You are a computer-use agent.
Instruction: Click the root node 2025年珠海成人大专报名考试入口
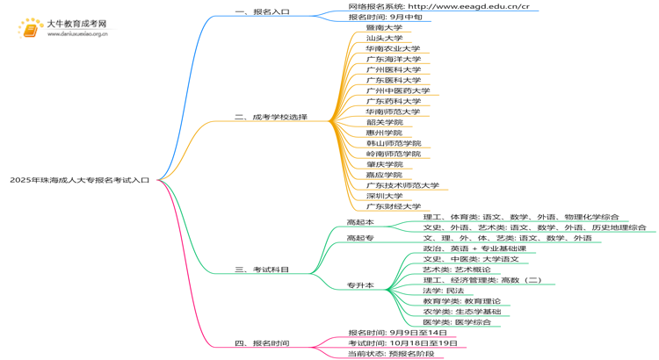[80, 180]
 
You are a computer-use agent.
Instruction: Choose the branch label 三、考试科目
[262, 270]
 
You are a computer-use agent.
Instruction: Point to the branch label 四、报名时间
[262, 343]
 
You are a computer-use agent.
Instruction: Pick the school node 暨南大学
[384, 28]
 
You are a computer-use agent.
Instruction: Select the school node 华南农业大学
[393, 49]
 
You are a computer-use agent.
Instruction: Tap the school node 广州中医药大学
[398, 91]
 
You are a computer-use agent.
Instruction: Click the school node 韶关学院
[384, 123]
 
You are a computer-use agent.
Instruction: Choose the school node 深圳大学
[384, 196]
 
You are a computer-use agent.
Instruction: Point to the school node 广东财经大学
[393, 207]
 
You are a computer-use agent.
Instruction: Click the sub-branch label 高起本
[359, 222]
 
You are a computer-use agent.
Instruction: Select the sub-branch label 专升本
[359, 285]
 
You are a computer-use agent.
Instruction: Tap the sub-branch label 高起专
[359, 238]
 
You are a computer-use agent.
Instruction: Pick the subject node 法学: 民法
[443, 291]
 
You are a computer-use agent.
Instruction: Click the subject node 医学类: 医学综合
[457, 322]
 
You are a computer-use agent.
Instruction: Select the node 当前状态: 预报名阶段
[390, 354]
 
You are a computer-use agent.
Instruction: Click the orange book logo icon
[30, 29]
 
